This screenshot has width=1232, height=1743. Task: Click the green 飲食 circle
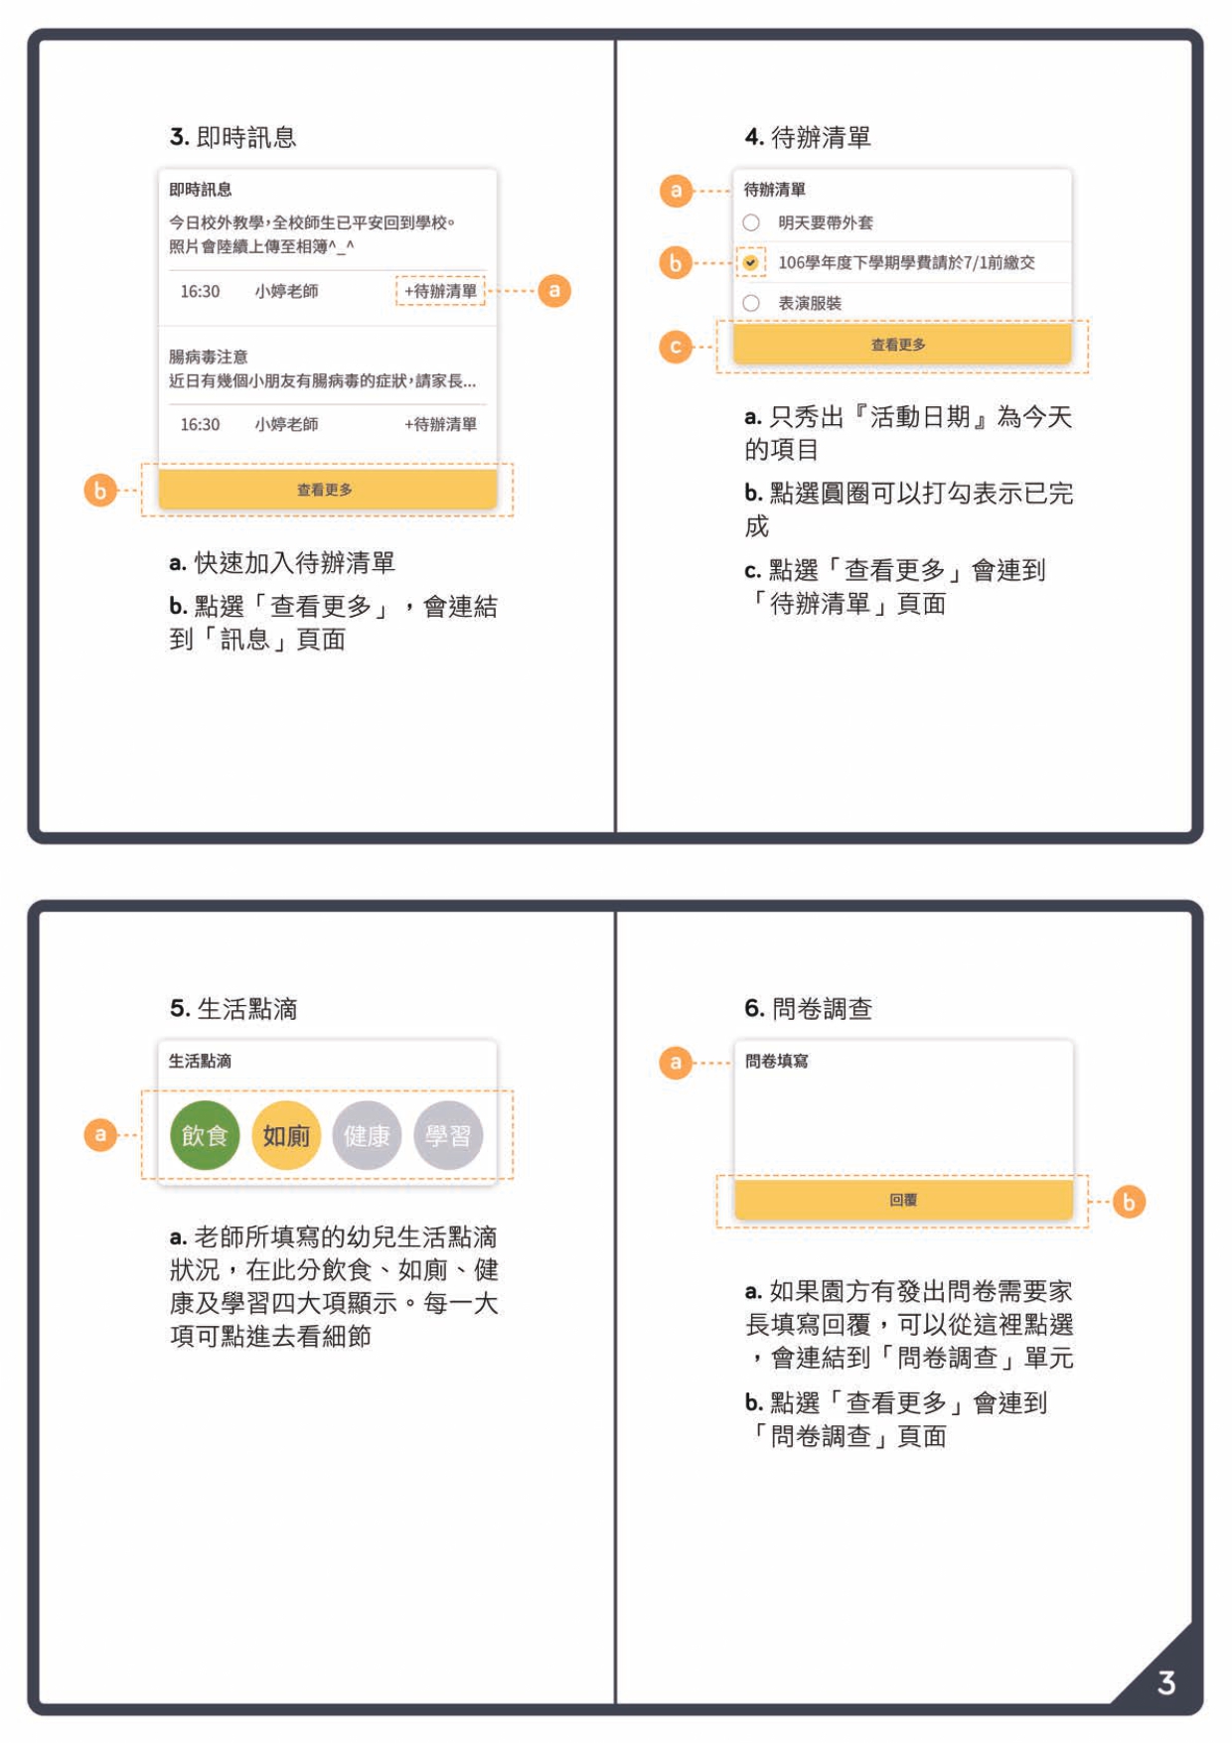coord(205,1135)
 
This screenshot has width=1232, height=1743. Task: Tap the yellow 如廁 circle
coord(286,1135)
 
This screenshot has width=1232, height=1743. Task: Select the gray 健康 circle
coord(367,1135)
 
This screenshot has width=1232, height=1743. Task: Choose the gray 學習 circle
coord(448,1135)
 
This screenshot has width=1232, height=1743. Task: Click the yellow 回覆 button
coord(903,1200)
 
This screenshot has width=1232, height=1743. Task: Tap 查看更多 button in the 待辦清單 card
coord(901,345)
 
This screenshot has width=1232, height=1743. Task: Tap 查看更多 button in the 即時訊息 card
coord(327,490)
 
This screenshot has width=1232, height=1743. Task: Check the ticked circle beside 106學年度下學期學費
coord(751,262)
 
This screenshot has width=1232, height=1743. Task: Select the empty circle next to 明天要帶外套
coord(751,222)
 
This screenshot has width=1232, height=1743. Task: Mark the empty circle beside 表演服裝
coord(751,303)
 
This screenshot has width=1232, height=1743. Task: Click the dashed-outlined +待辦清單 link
coord(440,291)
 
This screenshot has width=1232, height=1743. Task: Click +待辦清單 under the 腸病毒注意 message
coord(440,424)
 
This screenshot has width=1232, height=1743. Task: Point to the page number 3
coord(1166,1682)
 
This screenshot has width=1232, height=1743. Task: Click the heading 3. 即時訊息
coord(233,137)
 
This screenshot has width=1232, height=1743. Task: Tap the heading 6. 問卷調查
coord(808,1009)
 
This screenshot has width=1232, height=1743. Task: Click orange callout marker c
coord(676,347)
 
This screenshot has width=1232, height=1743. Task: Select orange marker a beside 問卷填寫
coord(676,1063)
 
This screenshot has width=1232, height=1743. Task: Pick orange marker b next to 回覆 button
coord(1129,1202)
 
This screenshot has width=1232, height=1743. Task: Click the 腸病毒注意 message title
coord(209,357)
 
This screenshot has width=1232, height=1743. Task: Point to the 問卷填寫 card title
coord(776,1062)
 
